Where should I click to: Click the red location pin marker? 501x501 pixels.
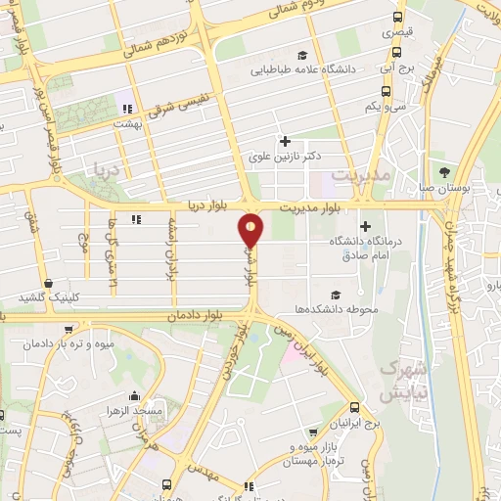[251, 230]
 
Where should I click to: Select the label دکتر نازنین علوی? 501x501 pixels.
[285, 156]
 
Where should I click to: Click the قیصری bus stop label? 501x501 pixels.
[396, 31]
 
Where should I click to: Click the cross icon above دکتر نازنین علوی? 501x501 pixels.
[285, 141]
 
